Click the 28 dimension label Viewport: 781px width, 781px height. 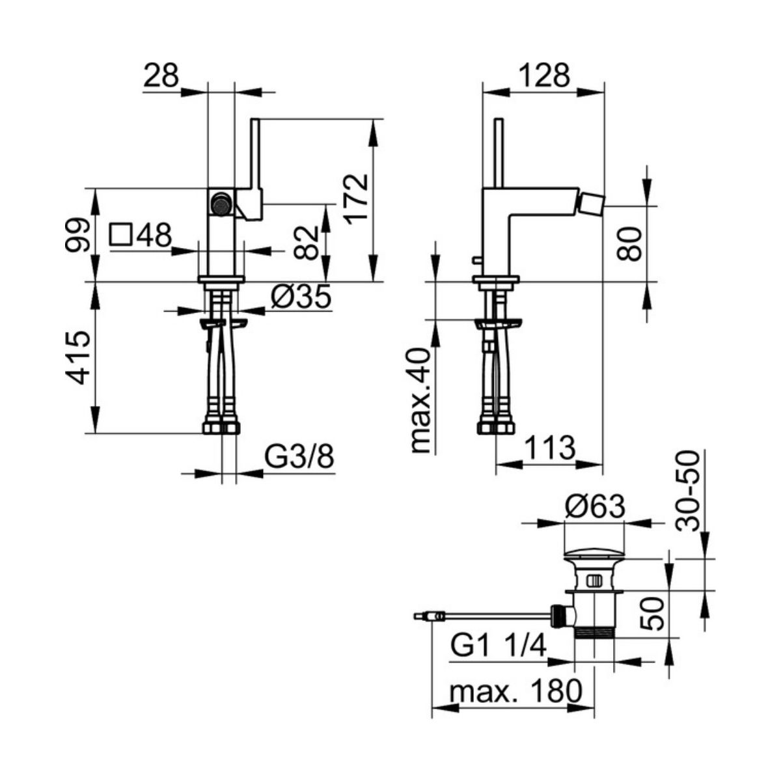click(161, 75)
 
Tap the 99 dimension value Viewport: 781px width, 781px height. click(77, 236)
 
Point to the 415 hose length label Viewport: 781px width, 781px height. click(77, 357)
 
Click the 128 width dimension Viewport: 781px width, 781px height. click(544, 75)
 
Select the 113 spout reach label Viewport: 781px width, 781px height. click(550, 448)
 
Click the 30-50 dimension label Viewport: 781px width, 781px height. click(688, 491)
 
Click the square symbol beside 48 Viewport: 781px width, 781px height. click(121, 235)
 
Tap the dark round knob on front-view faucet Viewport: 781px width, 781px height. click(221, 202)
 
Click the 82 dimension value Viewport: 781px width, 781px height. click(307, 242)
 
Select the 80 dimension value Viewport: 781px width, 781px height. click(629, 243)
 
